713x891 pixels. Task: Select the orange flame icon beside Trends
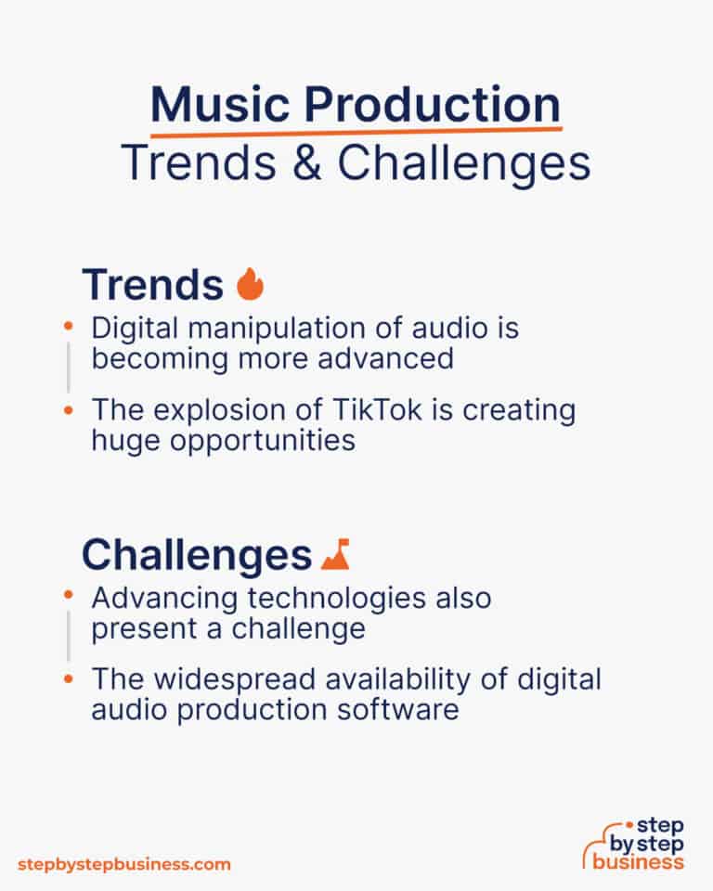[250, 285]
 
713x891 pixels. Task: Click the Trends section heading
[152, 285]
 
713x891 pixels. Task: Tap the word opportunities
[261, 440]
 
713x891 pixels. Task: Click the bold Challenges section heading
[196, 555]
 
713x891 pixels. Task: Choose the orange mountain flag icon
[335, 555]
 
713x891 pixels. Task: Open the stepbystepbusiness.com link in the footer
[123, 864]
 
